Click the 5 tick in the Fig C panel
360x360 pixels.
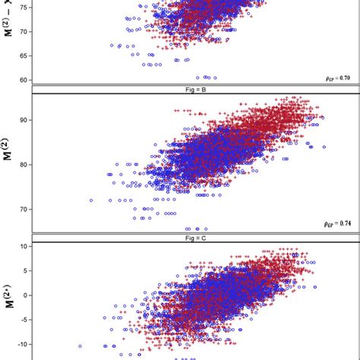[24, 271]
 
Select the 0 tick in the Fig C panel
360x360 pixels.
[24, 295]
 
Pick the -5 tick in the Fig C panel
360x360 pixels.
[23, 320]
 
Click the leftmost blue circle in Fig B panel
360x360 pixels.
[91, 201]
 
